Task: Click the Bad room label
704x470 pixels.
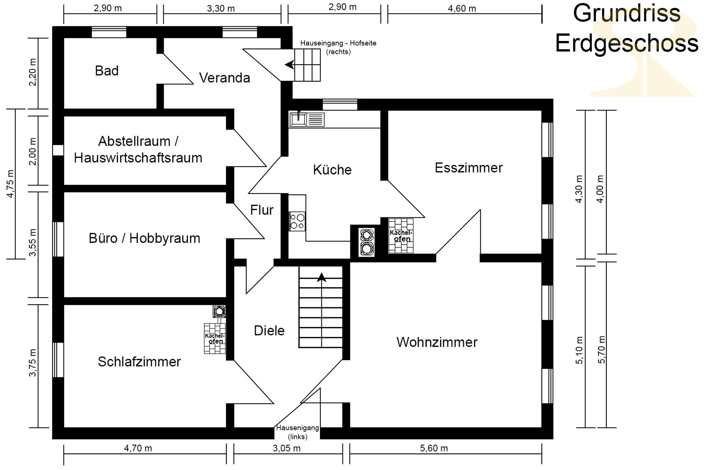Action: pos(107,71)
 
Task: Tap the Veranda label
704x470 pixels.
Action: pos(225,78)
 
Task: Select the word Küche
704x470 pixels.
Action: pos(332,170)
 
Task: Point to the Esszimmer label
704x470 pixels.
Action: pos(469,168)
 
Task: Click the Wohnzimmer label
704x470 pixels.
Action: pos(437,342)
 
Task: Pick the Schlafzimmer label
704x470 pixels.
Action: pos(139,362)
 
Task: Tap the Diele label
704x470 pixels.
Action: pos(269,331)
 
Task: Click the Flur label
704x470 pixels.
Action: pos(262,210)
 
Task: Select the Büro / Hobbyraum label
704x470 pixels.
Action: pos(145,238)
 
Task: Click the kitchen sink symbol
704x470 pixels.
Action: pos(306,119)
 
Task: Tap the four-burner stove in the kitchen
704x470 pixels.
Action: pos(297,221)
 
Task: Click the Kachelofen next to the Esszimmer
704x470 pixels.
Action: pos(401,236)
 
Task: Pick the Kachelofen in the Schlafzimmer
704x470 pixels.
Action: pos(215,338)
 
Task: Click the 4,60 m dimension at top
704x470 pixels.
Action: pos(462,8)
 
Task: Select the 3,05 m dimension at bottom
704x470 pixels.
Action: pos(286,448)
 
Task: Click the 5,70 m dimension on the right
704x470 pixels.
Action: pos(601,349)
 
